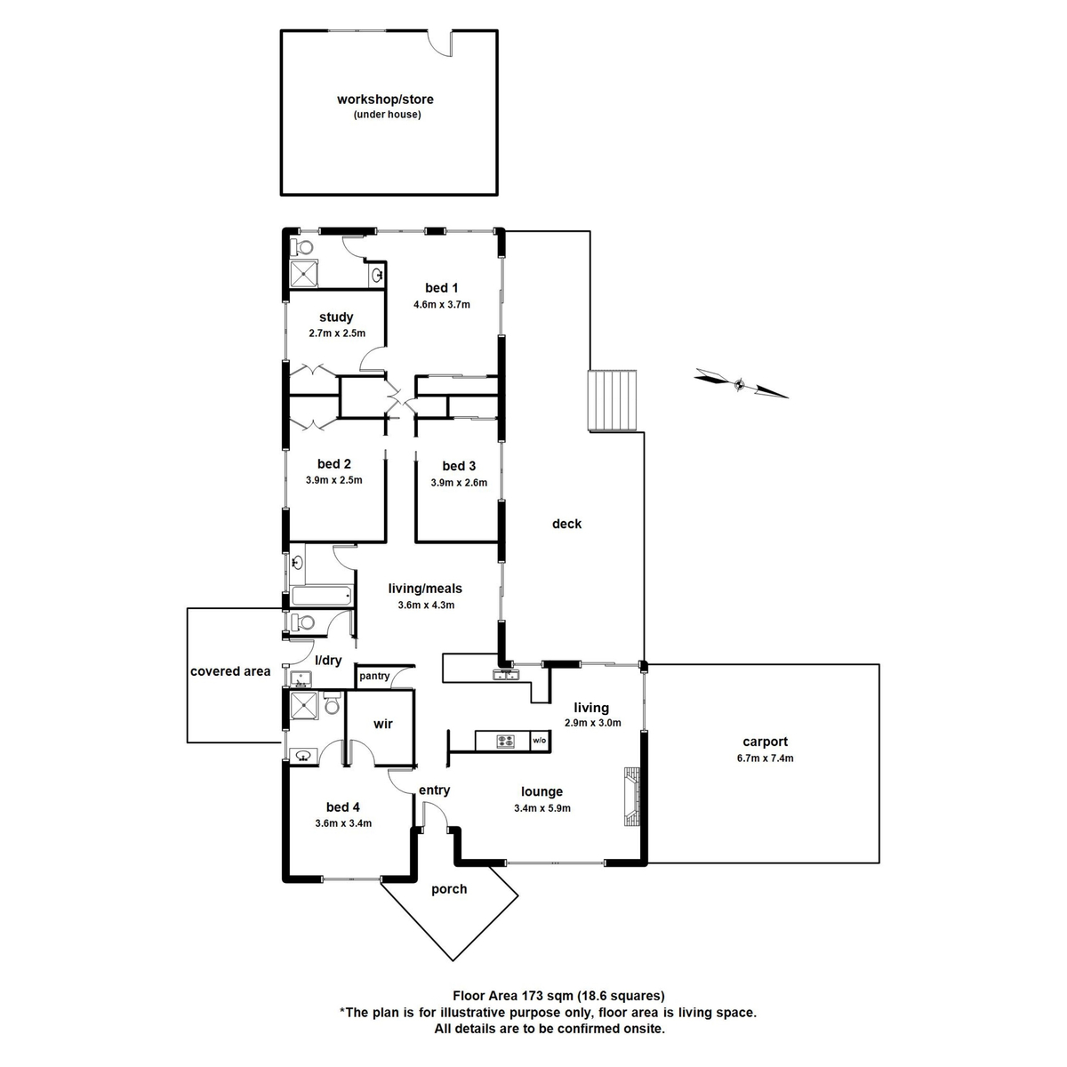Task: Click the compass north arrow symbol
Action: coord(741,383)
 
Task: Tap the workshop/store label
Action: coord(385,100)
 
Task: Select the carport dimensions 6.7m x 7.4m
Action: coord(765,758)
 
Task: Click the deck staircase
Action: coord(612,400)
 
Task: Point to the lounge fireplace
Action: coord(632,796)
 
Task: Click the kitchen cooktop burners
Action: coord(504,741)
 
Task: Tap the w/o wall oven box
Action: coord(540,741)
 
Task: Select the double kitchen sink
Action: coord(506,674)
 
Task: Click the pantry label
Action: coord(374,676)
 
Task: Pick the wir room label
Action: coord(382,724)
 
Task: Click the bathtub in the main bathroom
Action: coord(322,596)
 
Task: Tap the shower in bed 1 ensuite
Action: coord(304,273)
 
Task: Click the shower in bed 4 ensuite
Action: coord(304,705)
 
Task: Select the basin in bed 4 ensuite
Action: coord(303,755)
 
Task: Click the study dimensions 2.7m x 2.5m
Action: coord(337,333)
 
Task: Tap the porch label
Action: coord(449,888)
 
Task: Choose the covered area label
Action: coord(230,671)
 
